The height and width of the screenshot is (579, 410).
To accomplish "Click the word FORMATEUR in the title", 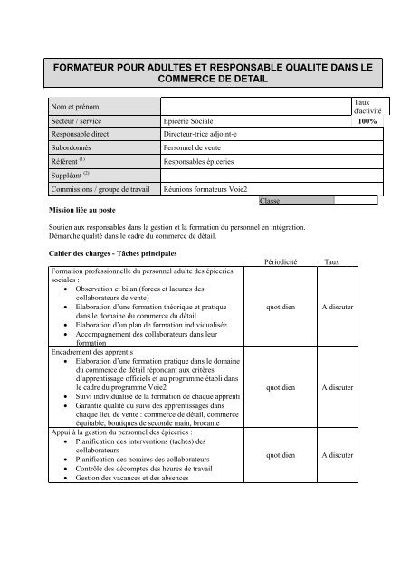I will tap(95, 67).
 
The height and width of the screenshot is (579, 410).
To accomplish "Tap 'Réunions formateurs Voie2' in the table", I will tap(211, 191).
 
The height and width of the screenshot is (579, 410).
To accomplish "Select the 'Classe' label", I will tap(269, 201).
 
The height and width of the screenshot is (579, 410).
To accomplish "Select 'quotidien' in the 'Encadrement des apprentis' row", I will tap(274, 387).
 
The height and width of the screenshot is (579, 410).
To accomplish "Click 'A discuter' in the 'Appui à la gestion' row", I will tap(337, 455).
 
